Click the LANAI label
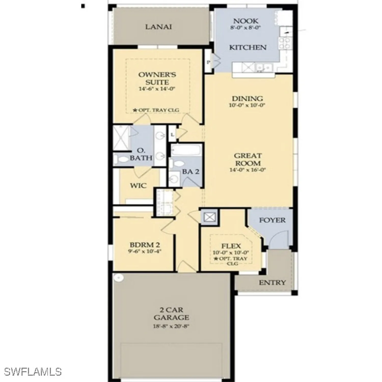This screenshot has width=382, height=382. (158, 26)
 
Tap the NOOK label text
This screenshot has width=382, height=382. (245, 21)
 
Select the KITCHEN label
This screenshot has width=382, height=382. (248, 47)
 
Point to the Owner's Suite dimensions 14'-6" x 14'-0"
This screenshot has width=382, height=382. (157, 89)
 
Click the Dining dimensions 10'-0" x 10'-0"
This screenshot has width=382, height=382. (247, 105)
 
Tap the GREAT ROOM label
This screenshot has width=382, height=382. (248, 159)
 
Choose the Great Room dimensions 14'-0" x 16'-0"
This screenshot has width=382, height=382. (248, 170)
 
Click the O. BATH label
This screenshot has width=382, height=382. (141, 154)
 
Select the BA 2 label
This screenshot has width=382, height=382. (190, 172)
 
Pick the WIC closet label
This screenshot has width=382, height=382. (138, 185)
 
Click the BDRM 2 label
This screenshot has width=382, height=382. (145, 245)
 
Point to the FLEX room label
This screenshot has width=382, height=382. (231, 246)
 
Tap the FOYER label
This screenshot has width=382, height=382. (272, 220)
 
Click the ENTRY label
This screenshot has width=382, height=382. (272, 282)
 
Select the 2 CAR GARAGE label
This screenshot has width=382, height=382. (171, 314)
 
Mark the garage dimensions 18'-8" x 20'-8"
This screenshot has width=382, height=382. (171, 326)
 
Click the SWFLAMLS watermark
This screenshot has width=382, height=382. (33, 372)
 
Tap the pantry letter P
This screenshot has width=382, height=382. (208, 62)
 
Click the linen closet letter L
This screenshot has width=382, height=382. (172, 134)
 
